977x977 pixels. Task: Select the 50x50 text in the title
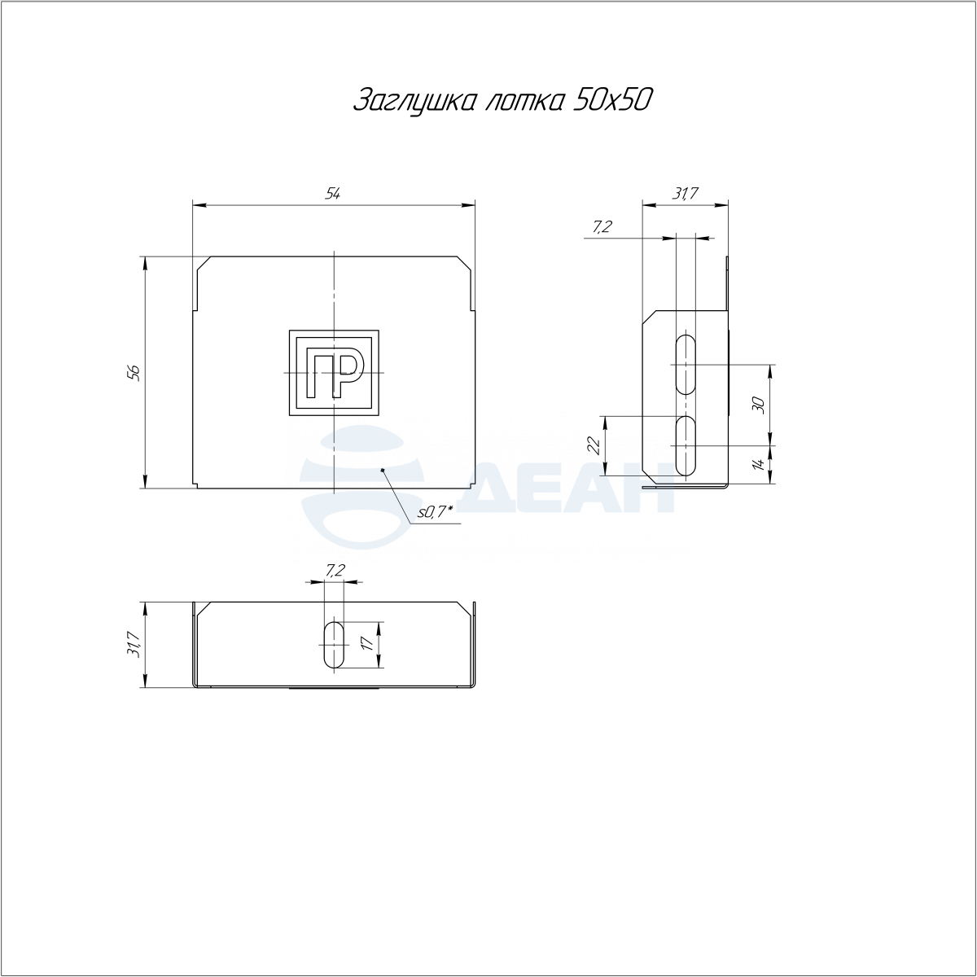click(x=611, y=100)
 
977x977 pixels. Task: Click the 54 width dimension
click(x=332, y=193)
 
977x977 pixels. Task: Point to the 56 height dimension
click(x=134, y=373)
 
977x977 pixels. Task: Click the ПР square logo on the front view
click(x=334, y=373)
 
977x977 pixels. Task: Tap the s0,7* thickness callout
click(x=435, y=512)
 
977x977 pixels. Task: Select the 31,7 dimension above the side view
click(x=685, y=193)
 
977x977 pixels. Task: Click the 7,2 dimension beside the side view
click(x=602, y=227)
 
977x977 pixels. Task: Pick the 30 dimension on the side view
click(x=759, y=405)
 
